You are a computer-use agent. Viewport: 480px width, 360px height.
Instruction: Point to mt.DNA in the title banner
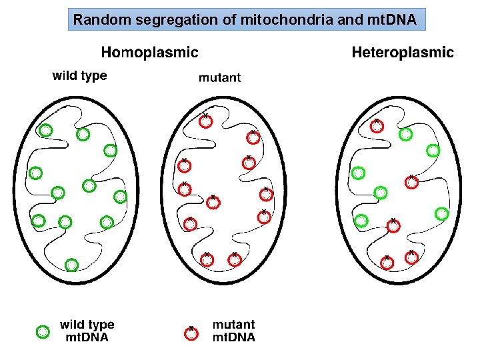pos(392,20)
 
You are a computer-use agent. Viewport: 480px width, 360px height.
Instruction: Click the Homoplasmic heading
pos(149,52)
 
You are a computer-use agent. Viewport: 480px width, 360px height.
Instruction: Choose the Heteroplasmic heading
pos(403,52)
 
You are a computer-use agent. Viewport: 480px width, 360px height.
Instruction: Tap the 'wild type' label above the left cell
pos(79,75)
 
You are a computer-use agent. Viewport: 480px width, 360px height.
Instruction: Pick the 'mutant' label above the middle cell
pos(219,77)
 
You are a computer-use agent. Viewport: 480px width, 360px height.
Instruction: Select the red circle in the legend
pos(191,333)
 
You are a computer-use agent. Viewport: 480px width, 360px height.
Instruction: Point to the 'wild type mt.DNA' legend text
pos(87,331)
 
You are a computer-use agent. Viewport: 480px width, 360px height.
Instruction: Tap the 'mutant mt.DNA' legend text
pos(233,331)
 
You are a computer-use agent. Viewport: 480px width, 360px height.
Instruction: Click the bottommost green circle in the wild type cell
pos(71,265)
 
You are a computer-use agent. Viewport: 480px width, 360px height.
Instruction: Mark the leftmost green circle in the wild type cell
pos(36,173)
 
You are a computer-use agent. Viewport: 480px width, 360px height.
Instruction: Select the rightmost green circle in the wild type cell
pos(120,197)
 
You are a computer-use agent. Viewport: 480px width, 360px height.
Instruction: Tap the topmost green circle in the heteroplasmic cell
pos(405,135)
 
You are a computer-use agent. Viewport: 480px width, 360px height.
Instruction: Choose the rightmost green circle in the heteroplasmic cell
pos(441,213)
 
